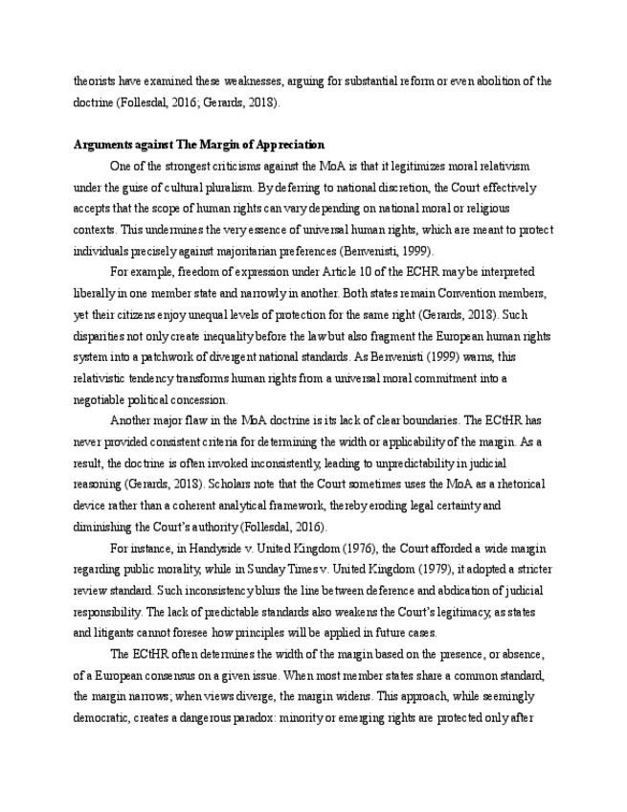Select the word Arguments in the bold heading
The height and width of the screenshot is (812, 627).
coord(103,144)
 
